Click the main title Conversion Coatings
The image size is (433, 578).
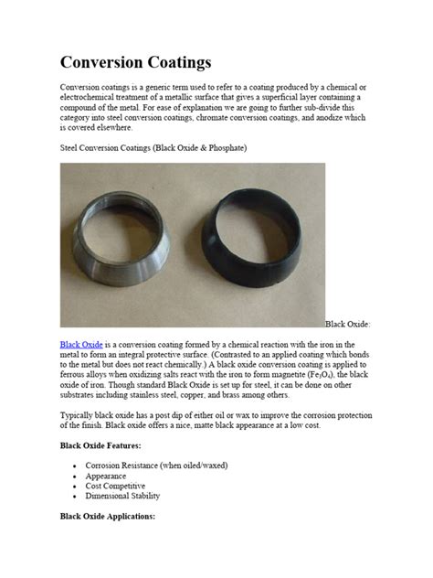[135, 62]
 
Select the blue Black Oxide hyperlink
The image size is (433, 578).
[81, 344]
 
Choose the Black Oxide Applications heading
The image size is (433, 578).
[108, 516]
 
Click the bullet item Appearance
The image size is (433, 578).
[107, 476]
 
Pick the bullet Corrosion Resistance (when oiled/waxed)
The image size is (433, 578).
[156, 466]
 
